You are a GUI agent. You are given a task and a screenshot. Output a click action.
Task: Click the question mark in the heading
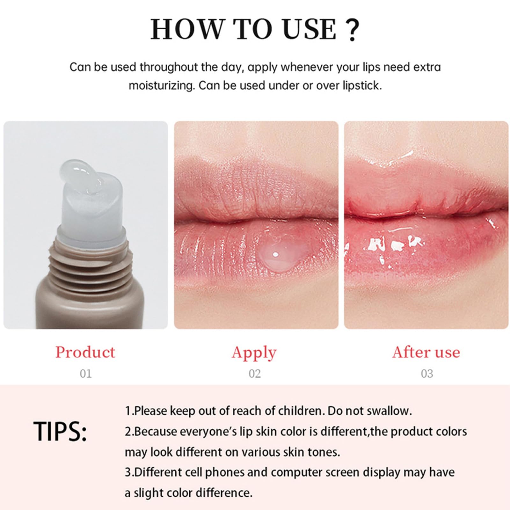352,29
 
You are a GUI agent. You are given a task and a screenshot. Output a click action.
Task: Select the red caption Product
85,352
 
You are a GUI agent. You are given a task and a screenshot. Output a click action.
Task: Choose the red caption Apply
254,353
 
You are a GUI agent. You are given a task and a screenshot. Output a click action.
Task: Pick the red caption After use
426,352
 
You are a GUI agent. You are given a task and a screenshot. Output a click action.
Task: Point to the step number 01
85,373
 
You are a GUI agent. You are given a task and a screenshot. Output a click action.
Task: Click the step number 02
254,373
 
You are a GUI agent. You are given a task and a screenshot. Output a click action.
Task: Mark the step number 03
427,373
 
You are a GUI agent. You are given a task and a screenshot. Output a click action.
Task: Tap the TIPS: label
60,431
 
